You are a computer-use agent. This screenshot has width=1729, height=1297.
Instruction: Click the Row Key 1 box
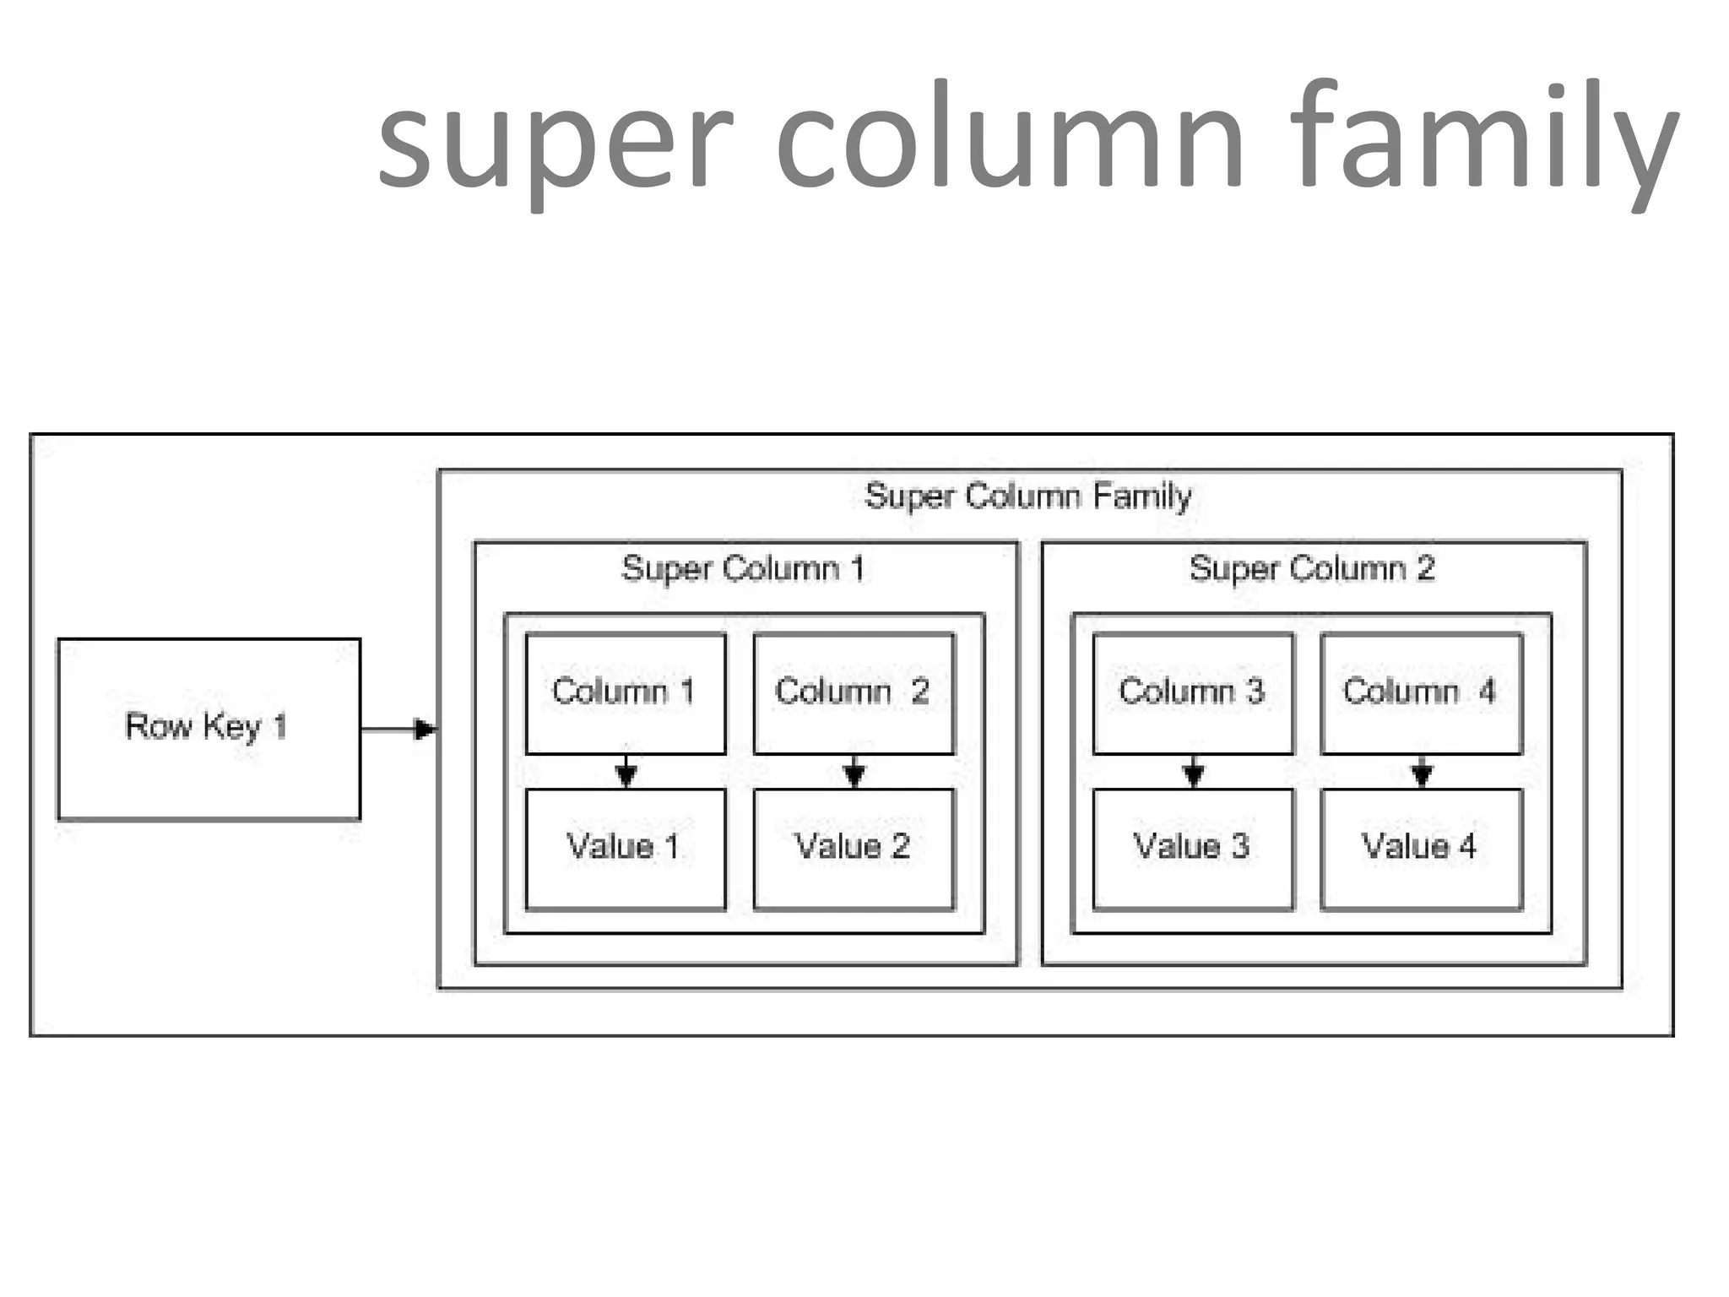pos(209,729)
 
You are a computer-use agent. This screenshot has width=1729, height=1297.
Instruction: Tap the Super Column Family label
pos(1027,496)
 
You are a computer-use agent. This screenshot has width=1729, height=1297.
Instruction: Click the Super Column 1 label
pos(744,568)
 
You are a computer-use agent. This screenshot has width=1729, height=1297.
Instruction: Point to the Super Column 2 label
pos(1312,568)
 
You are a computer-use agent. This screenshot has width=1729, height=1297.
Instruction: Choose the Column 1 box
pos(625,693)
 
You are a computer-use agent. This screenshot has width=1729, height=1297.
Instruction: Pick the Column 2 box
pos(854,693)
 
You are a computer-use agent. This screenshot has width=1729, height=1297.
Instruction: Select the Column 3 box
pos(1192,693)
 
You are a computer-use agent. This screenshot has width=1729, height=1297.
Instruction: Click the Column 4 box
pos(1421,693)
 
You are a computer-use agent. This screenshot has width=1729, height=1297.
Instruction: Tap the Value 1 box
pos(625,849)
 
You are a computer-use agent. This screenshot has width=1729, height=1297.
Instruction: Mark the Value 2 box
pos(854,849)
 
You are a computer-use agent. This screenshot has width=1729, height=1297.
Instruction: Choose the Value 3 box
pos(1192,849)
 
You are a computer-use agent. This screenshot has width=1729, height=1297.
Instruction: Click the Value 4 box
pos(1421,849)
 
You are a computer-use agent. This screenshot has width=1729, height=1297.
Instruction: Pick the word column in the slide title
pos(1010,139)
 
